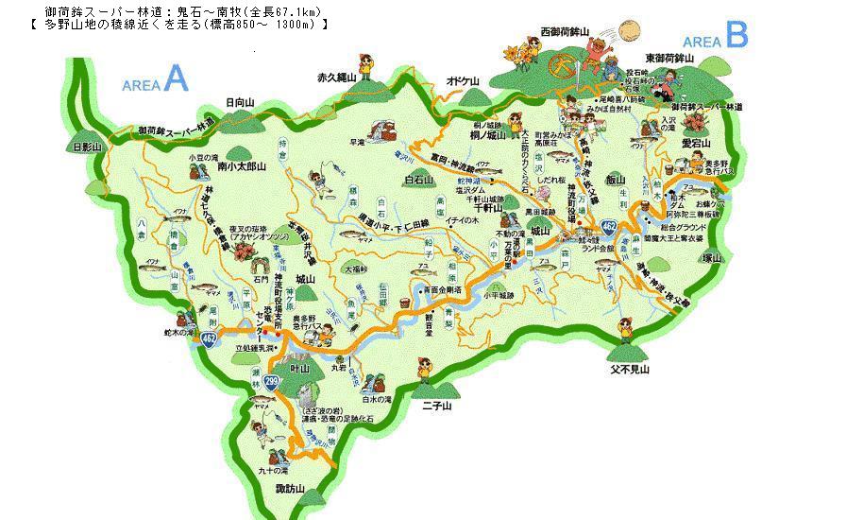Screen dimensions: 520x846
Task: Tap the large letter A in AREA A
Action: click(x=176, y=80)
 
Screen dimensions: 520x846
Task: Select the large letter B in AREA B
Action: click(x=736, y=36)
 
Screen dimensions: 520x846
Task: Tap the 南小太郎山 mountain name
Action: click(x=241, y=165)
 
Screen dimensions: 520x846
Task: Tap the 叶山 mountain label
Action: click(x=301, y=368)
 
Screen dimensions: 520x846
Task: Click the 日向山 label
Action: click(x=241, y=101)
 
